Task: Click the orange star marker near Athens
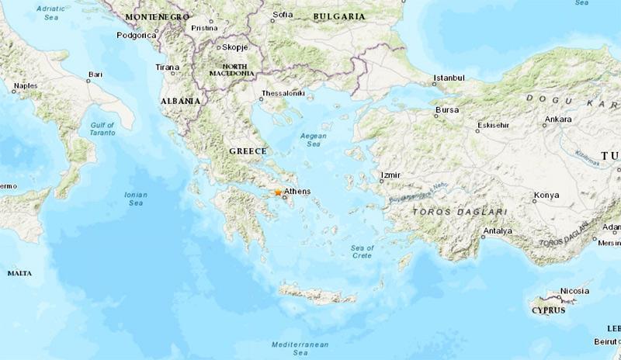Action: click(x=278, y=192)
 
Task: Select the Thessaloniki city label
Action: click(x=283, y=93)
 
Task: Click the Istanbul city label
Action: click(x=449, y=78)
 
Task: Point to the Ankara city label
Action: click(x=558, y=119)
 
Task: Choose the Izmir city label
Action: click(x=390, y=175)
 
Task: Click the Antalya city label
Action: click(x=497, y=231)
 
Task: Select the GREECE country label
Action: click(x=248, y=151)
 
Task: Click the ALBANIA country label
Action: click(x=180, y=101)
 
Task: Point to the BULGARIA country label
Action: click(x=338, y=16)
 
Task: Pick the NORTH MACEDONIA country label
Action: click(x=231, y=70)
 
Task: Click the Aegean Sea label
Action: click(x=313, y=140)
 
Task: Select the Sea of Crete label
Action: click(x=362, y=251)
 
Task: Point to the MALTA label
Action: click(x=19, y=273)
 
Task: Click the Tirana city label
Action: click(x=167, y=67)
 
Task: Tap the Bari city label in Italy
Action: click(x=95, y=74)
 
